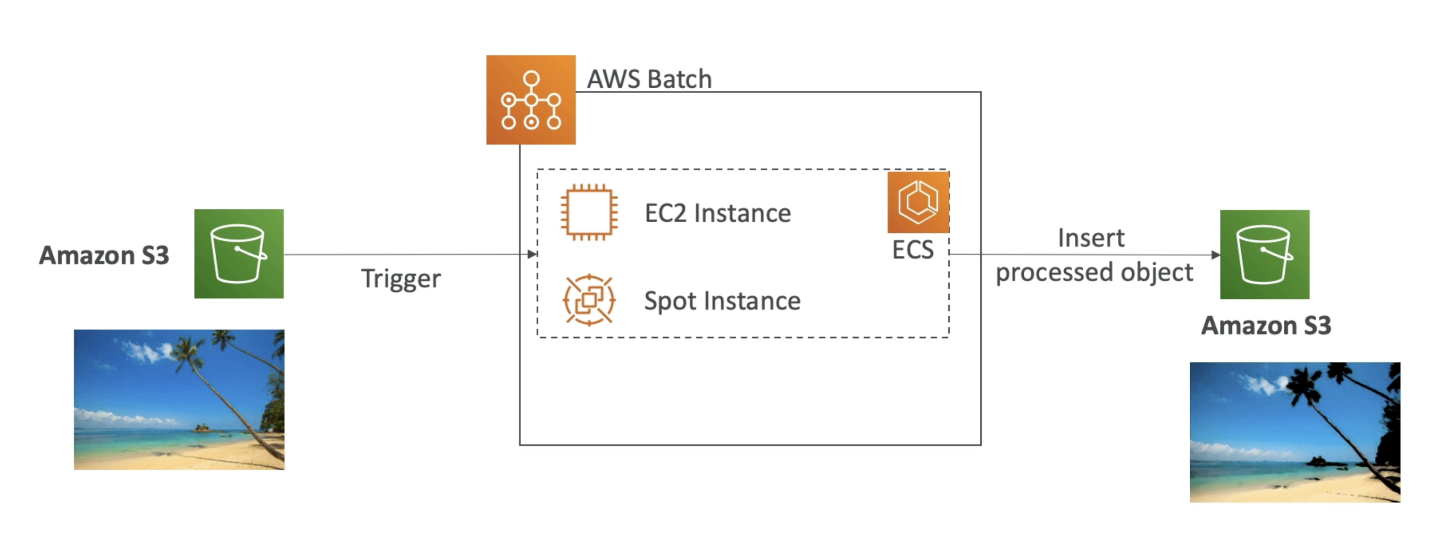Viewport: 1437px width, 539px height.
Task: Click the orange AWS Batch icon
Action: pos(531,100)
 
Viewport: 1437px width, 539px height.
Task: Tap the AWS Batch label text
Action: pos(649,79)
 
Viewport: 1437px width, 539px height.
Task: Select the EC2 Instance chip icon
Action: pos(589,213)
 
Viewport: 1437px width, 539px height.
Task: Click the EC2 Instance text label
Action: pos(717,214)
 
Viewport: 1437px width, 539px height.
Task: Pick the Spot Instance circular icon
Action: pos(589,300)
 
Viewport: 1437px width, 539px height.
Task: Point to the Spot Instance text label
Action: pos(722,301)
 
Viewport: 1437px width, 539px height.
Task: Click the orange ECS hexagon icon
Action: pos(917,202)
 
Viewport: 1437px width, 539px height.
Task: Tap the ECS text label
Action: pos(913,250)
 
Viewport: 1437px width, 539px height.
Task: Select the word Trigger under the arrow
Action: pos(400,279)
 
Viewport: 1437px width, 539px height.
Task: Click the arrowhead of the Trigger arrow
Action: pos(532,254)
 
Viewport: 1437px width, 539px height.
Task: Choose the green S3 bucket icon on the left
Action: pos(239,254)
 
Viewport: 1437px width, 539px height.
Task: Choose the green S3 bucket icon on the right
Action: pos(1264,254)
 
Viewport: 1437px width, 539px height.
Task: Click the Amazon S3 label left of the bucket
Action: pos(104,255)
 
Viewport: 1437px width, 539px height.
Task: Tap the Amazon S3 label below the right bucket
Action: pos(1266,325)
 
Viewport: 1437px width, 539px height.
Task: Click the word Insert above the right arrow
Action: pos(1091,238)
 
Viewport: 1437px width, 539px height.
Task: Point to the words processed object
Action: pos(1094,273)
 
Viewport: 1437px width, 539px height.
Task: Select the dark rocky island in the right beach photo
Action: pos(1319,461)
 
